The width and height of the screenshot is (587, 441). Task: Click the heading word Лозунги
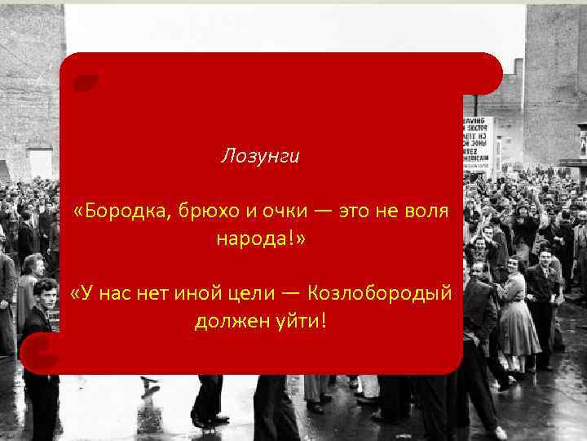(260, 155)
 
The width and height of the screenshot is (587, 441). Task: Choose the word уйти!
(301, 320)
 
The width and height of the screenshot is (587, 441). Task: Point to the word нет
(156, 292)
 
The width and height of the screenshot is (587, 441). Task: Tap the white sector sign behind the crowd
(478, 143)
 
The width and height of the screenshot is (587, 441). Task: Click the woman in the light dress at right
(515, 318)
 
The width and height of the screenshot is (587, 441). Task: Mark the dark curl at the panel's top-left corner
(84, 82)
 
